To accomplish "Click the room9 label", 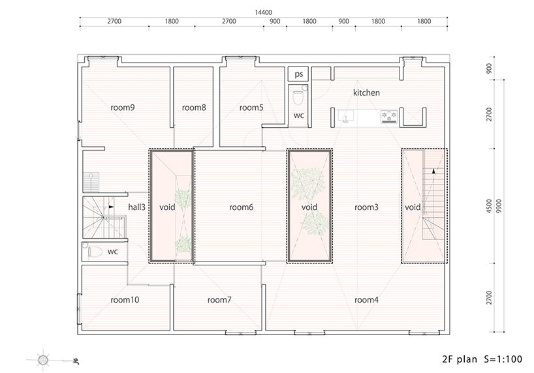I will point(123,108).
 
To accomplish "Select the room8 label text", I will point(194,108).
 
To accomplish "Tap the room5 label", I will point(251,108).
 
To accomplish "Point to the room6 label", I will point(242,207).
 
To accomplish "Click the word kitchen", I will point(366,93).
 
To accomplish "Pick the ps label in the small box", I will point(298,74).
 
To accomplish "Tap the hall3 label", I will point(136,207).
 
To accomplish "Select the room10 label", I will point(124,300).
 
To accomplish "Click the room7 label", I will point(219,300).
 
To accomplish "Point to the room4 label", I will point(366,300).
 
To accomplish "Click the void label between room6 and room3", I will point(309,207).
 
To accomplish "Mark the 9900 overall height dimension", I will point(499,207).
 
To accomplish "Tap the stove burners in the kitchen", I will point(390,117).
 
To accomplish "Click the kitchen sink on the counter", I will point(345,117).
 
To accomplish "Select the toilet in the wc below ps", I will point(298,98).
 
